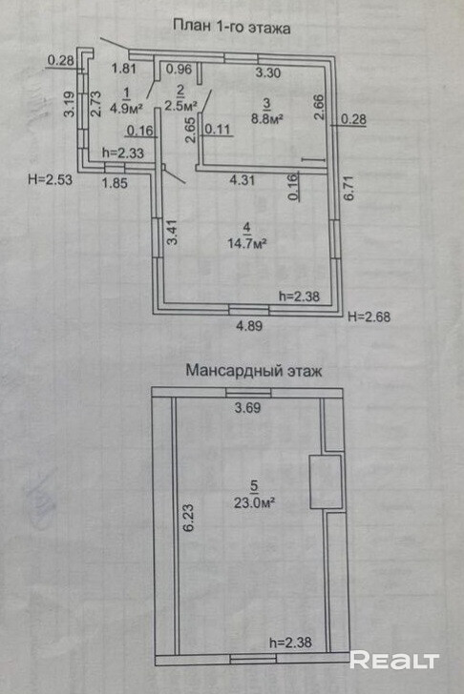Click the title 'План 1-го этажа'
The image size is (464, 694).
231,27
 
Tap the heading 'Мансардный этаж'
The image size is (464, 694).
254,370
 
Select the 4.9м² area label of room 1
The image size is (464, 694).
126,108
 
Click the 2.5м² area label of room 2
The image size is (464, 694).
180,106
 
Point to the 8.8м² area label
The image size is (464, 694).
267,118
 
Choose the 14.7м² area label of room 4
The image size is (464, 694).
247,243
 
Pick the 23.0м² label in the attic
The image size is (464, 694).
254,502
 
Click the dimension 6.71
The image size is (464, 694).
349,188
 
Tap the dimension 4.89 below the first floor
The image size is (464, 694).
249,326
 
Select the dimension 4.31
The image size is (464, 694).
242,179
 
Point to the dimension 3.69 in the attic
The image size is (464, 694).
247,407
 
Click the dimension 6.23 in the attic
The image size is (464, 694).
189,517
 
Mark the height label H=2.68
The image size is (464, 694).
369,316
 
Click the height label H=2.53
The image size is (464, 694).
50,179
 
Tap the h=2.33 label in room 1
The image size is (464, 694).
123,153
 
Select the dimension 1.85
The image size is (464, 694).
115,182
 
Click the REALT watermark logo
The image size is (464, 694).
394,660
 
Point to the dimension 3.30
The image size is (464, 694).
268,72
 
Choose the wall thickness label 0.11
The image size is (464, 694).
218,129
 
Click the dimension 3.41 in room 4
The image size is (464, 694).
172,232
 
